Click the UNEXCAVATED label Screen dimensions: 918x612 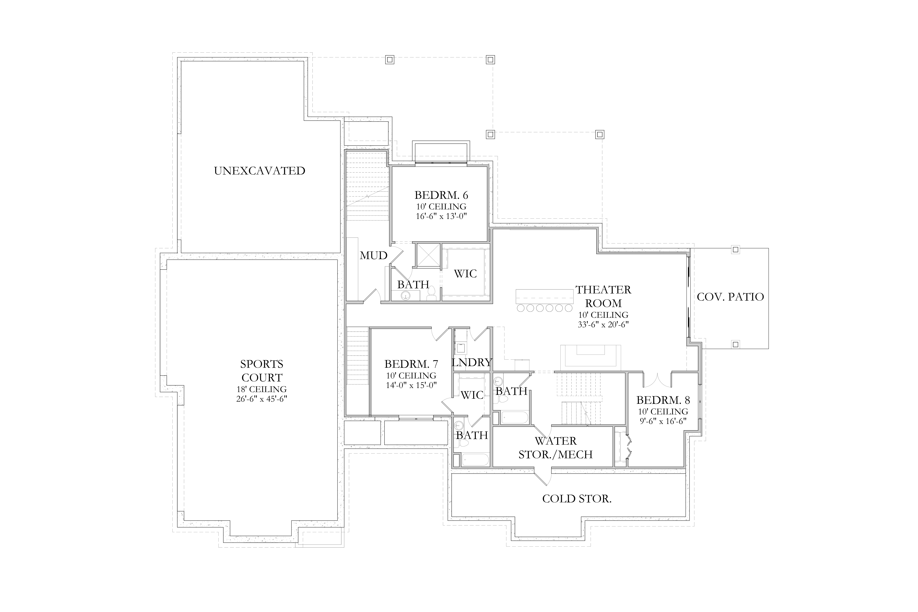coord(260,171)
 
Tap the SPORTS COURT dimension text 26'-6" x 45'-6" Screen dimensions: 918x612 coord(262,399)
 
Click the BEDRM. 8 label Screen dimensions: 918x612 coord(663,400)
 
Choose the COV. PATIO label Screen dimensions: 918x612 coord(730,297)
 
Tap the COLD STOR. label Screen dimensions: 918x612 coord(576,498)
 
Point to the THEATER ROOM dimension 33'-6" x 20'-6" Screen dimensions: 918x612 coord(603,324)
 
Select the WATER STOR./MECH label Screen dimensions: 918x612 coord(555,448)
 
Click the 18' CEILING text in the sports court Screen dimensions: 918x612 coord(262,389)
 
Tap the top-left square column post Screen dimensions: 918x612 coord(390,60)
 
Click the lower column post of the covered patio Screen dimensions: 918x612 coord(735,344)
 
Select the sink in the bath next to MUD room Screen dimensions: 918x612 coord(406,295)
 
